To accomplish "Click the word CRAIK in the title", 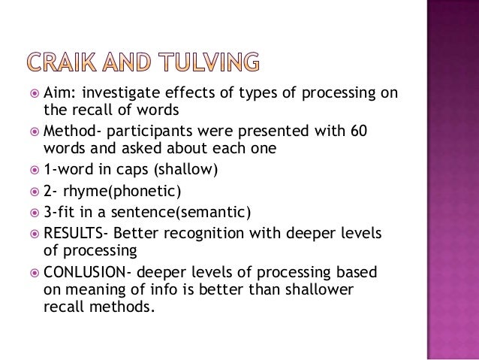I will point(72,62).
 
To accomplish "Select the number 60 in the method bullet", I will point(358,130).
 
